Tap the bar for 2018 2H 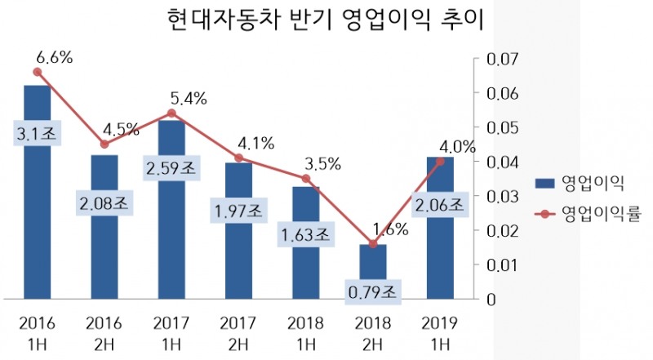click(373, 269)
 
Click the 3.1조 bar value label click(37, 135)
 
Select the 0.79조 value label click(372, 289)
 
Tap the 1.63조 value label click(305, 236)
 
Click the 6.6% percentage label click(55, 57)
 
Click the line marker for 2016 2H click(104, 144)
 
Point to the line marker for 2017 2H click(238, 158)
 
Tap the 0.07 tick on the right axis click(502, 60)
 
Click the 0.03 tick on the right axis click(502, 196)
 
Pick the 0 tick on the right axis click(490, 299)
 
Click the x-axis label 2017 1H click(171, 326)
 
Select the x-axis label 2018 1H click(305, 326)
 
